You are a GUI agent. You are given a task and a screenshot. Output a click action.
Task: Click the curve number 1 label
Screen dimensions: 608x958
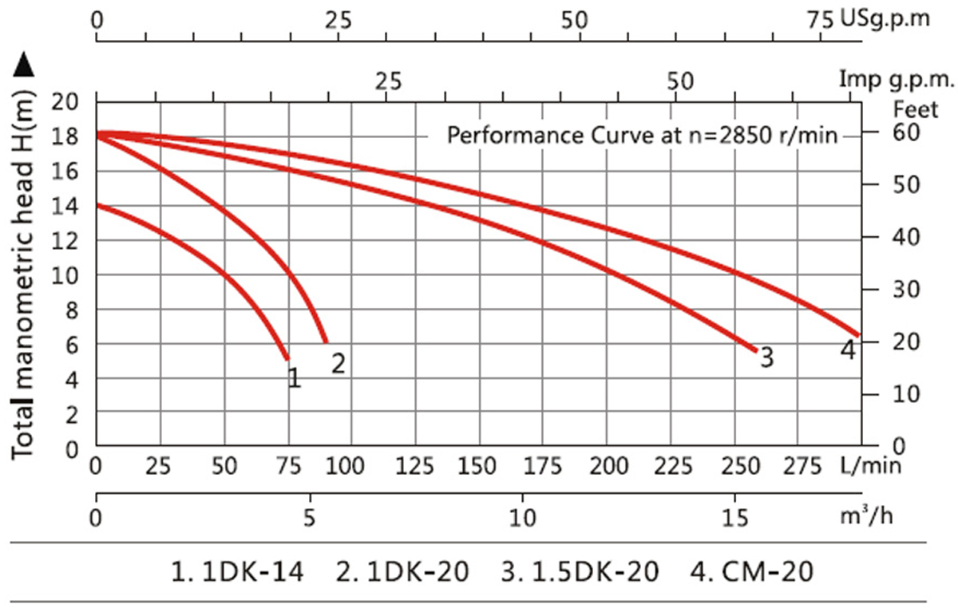click(x=294, y=377)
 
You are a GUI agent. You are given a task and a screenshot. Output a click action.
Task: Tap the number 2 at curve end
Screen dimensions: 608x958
click(x=338, y=363)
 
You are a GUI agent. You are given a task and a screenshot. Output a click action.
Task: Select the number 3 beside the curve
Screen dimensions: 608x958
click(x=766, y=357)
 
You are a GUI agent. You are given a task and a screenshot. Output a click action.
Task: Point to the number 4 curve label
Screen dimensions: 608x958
click(x=848, y=349)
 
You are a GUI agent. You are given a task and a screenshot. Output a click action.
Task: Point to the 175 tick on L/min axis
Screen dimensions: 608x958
click(x=542, y=465)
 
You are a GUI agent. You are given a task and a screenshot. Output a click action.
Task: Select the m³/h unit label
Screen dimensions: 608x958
click(x=869, y=516)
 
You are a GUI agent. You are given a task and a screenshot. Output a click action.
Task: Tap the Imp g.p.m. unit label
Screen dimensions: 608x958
click(x=897, y=79)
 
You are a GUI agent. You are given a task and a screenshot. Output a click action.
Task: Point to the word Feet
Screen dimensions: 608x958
click(x=916, y=109)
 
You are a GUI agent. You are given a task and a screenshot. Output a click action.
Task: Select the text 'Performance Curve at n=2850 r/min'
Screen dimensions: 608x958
click(x=642, y=135)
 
